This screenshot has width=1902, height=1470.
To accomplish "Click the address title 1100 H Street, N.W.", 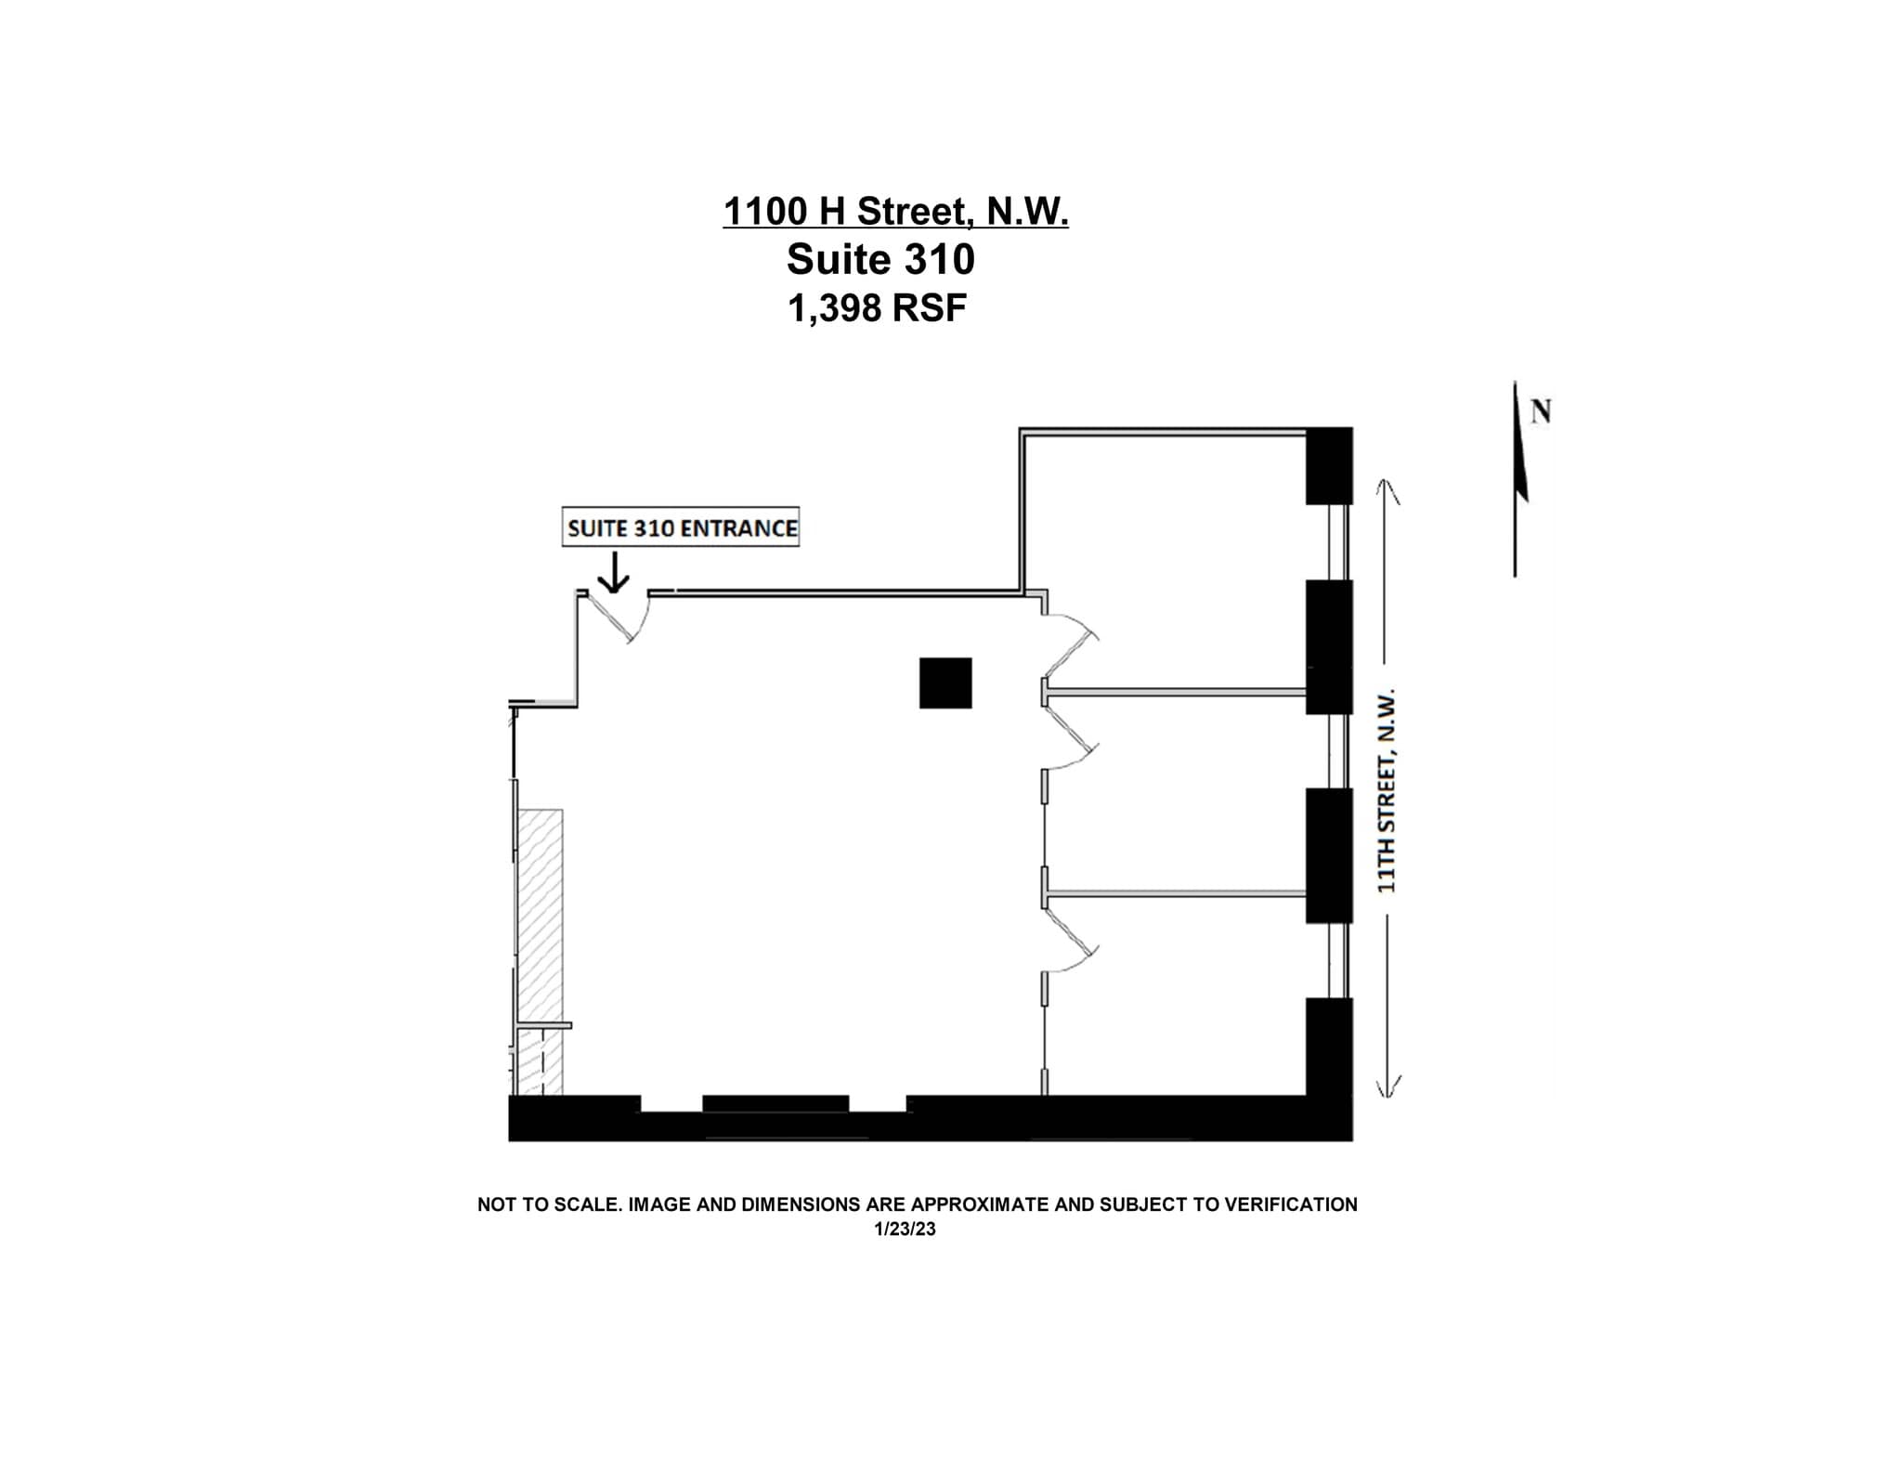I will point(895,212).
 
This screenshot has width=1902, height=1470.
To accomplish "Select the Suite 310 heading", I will point(880,260).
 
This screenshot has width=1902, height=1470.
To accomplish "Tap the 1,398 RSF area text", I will point(877,308).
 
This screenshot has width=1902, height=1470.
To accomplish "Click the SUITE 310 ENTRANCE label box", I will point(681,527).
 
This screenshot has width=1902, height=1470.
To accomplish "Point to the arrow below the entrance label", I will point(613,573).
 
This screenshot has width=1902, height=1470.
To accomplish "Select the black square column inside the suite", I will point(945,683).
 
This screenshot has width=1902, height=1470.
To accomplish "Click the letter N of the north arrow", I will point(1541,410).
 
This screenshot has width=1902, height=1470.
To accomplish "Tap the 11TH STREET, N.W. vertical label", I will point(1387,790).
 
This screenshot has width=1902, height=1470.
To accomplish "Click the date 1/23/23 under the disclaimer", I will point(904,1229).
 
